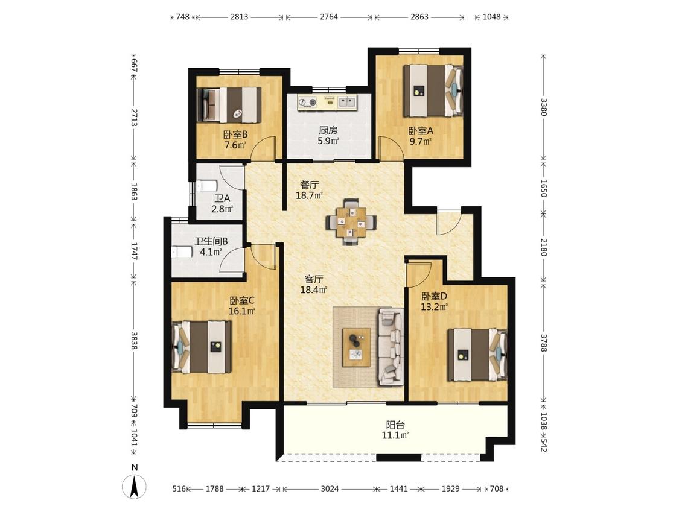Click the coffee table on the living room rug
click(x=356, y=347)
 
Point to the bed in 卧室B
click(x=229, y=105)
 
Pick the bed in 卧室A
click(x=433, y=90)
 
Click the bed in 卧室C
click(x=202, y=347)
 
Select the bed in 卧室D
click(x=477, y=355)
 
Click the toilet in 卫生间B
click(x=182, y=252)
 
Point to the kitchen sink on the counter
click(x=347, y=102)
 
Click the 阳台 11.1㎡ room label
click(x=395, y=430)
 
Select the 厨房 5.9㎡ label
click(x=328, y=135)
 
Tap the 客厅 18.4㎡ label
click(x=314, y=285)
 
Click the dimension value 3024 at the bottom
click(x=330, y=488)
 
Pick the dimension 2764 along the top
click(x=329, y=17)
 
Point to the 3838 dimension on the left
click(x=134, y=341)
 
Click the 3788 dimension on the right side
click(x=544, y=340)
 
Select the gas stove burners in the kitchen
click(x=307, y=102)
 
